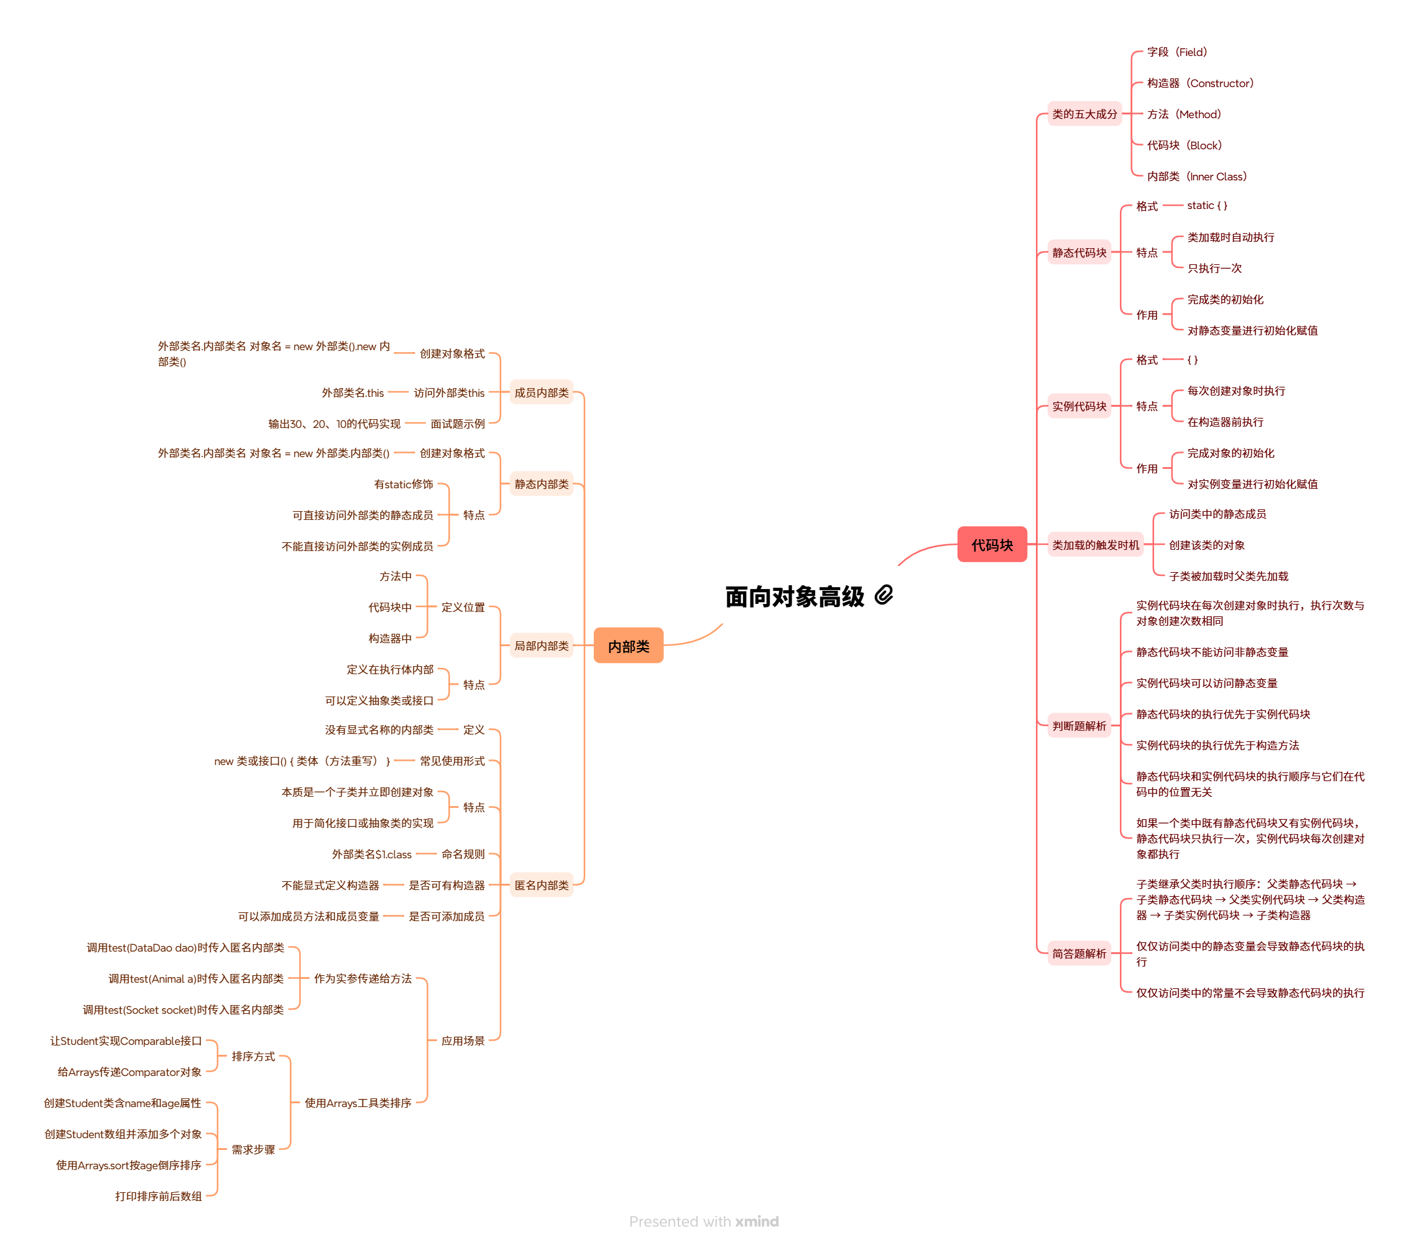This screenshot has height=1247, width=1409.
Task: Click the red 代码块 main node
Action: [x=991, y=545]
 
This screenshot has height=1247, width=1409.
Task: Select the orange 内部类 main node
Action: [x=628, y=646]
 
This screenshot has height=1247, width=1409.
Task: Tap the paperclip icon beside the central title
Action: [x=884, y=595]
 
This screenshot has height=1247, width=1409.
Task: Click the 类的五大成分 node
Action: [x=1084, y=114]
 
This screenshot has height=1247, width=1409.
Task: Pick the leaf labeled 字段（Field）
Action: [x=1176, y=52]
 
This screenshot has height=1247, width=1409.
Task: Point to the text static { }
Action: [x=1206, y=205]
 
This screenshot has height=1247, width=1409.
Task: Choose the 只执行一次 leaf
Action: [x=1214, y=268]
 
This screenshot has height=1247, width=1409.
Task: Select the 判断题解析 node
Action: [x=1078, y=726]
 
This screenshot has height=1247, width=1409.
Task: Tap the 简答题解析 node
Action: [x=1078, y=953]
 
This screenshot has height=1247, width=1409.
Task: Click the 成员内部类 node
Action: [x=541, y=393]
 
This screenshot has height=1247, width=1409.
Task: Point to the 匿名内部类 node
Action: [x=541, y=885]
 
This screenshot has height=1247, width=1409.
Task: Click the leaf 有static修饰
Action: [x=404, y=484]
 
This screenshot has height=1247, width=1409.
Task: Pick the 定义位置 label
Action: [x=463, y=607]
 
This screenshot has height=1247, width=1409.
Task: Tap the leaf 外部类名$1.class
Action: [x=372, y=854]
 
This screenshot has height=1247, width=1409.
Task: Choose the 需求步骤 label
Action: [x=253, y=1149]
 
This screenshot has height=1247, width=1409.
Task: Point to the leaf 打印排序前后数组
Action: [x=159, y=1196]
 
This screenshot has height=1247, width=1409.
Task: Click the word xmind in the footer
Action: [x=756, y=1222]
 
